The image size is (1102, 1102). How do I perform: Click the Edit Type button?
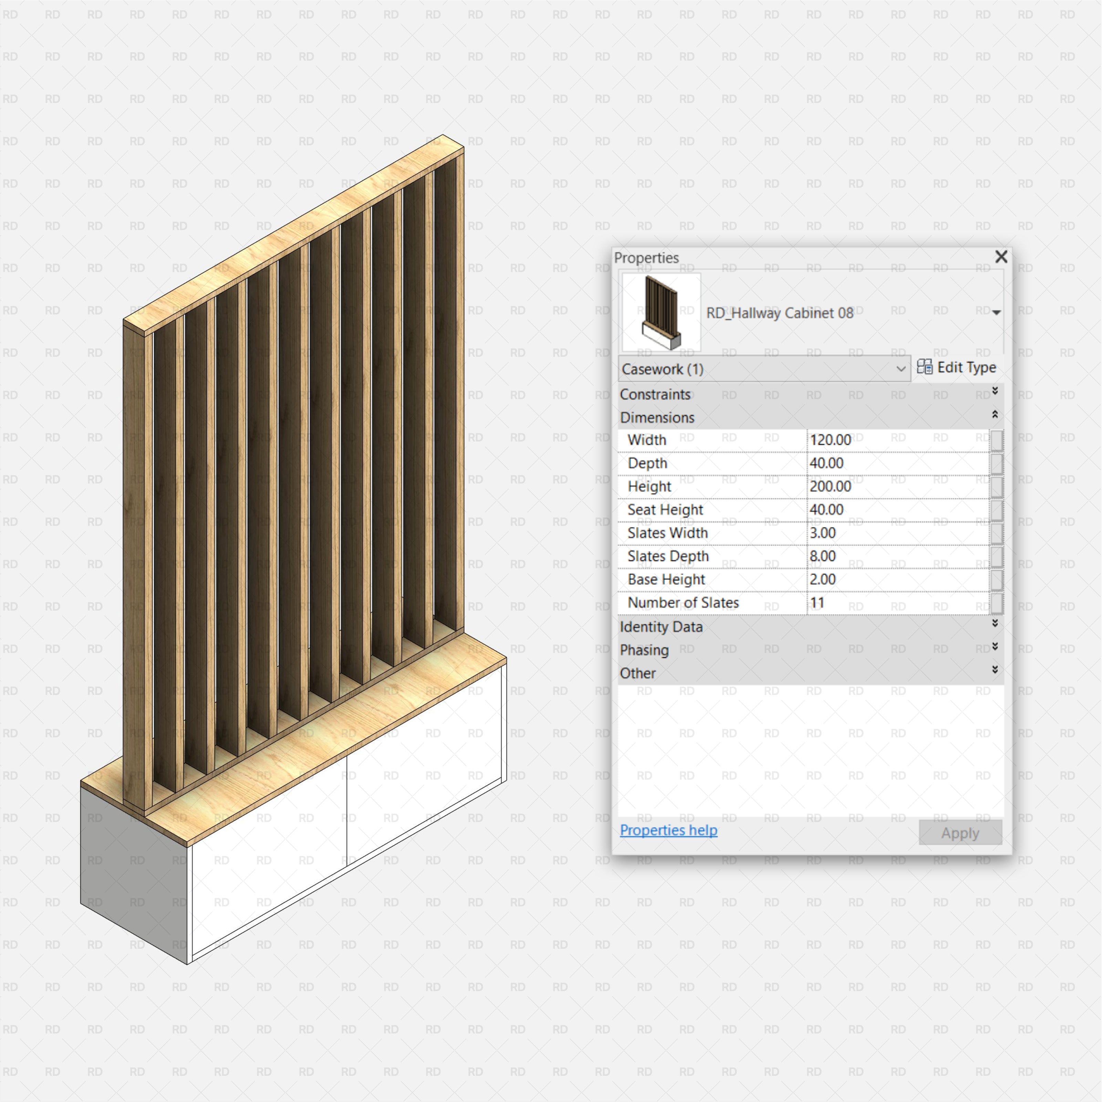coord(957,367)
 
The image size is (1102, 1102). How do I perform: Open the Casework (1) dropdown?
coord(764,369)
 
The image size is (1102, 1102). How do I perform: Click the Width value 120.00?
coord(831,440)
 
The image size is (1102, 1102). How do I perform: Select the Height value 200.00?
coord(831,487)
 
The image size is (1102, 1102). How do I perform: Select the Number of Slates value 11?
coord(817,603)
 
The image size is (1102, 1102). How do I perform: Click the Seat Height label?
coord(665,510)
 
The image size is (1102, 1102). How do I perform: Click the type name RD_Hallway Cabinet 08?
coord(780,313)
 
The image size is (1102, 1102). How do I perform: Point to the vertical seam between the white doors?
coord(347,810)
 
